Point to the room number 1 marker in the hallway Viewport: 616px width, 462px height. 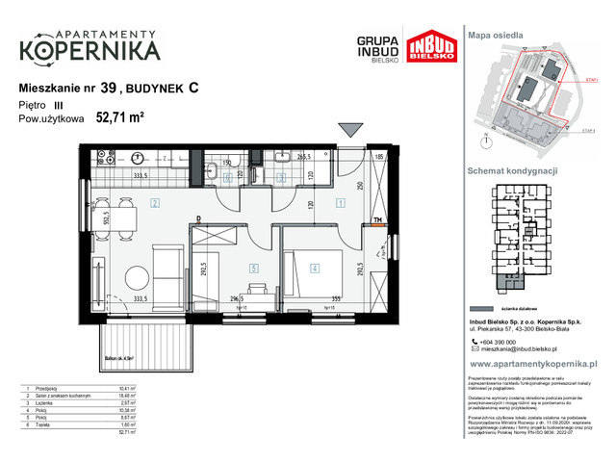click(x=342, y=203)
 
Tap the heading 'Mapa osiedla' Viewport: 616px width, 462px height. click(x=495, y=34)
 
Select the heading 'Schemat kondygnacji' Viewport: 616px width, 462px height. click(x=515, y=168)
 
